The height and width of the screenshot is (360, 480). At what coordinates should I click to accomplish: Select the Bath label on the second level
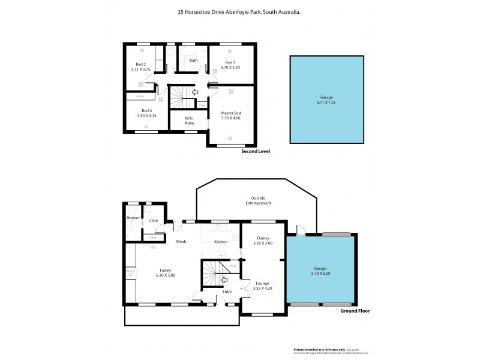tap(193, 61)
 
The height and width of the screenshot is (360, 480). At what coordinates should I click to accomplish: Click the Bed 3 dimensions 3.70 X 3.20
tap(231, 68)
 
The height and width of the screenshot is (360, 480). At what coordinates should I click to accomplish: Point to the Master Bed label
tap(230, 113)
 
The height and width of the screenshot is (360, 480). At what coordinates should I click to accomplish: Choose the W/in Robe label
tap(189, 120)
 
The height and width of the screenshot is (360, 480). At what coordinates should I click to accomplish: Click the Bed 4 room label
tap(147, 110)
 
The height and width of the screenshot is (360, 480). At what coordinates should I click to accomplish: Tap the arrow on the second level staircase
tap(193, 92)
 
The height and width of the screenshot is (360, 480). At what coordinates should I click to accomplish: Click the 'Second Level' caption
tap(256, 151)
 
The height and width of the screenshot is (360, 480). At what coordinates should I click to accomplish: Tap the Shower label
tap(133, 218)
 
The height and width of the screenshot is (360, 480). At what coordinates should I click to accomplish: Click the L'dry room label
tap(153, 221)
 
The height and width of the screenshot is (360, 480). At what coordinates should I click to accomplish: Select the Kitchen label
tap(222, 242)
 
